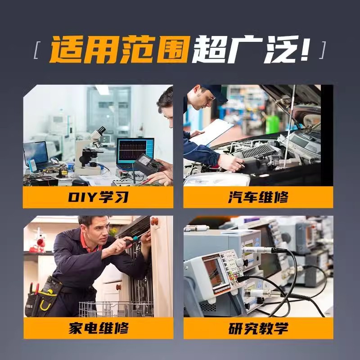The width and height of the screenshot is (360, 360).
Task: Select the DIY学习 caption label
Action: pyautogui.click(x=98, y=197)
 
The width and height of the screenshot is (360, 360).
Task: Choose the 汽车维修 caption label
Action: pyautogui.click(x=258, y=197)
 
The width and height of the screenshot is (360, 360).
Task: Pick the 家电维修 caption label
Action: pyautogui.click(x=98, y=328)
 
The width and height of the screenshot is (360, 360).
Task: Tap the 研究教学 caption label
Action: pyautogui.click(x=258, y=328)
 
